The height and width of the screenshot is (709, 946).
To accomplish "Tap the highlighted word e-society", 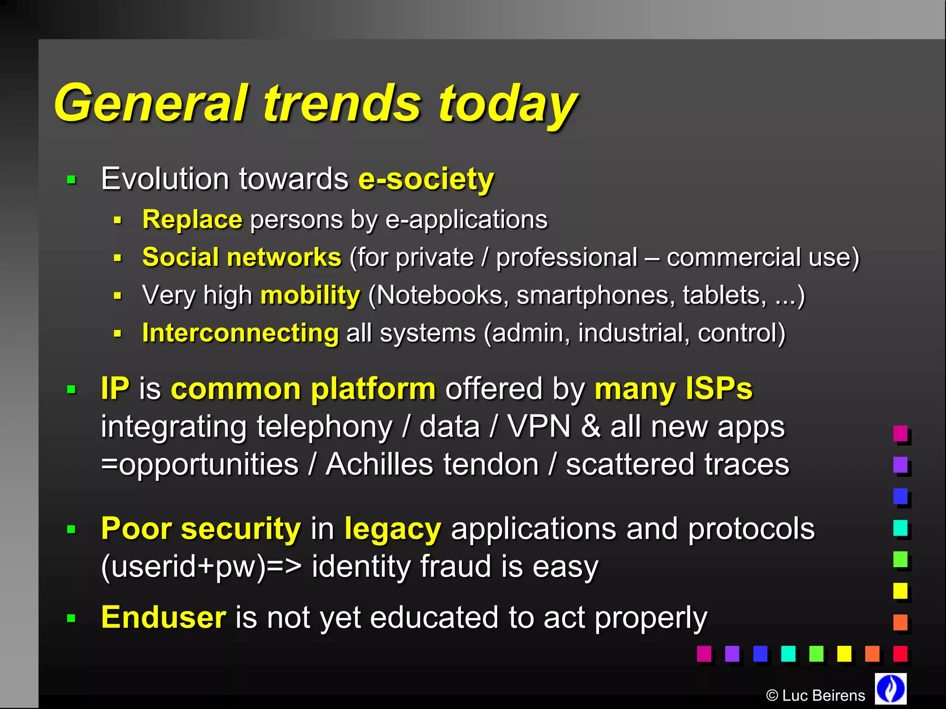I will tap(426, 179).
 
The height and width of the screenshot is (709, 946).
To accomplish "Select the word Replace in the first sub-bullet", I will tap(192, 219).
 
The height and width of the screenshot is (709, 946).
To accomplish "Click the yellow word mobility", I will tap(310, 295).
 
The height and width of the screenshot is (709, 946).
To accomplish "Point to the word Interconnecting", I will tap(240, 333).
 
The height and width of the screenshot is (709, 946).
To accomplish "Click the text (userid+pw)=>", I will tap(201, 566).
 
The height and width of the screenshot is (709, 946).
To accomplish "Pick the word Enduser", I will tap(164, 617).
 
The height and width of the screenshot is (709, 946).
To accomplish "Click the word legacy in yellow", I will tap(393, 529).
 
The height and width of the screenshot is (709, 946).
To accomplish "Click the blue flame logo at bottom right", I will tap(891, 689).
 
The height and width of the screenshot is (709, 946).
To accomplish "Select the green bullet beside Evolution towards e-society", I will tap(71, 180).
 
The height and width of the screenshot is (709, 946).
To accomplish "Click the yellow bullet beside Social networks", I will tap(117, 258).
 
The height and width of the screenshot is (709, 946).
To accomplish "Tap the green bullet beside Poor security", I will tap(71, 529).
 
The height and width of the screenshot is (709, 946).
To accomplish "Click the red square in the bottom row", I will tap(900, 654).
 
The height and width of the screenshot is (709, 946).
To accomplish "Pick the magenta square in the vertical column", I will tap(900, 433).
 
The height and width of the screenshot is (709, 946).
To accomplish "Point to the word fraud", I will tap(455, 566).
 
